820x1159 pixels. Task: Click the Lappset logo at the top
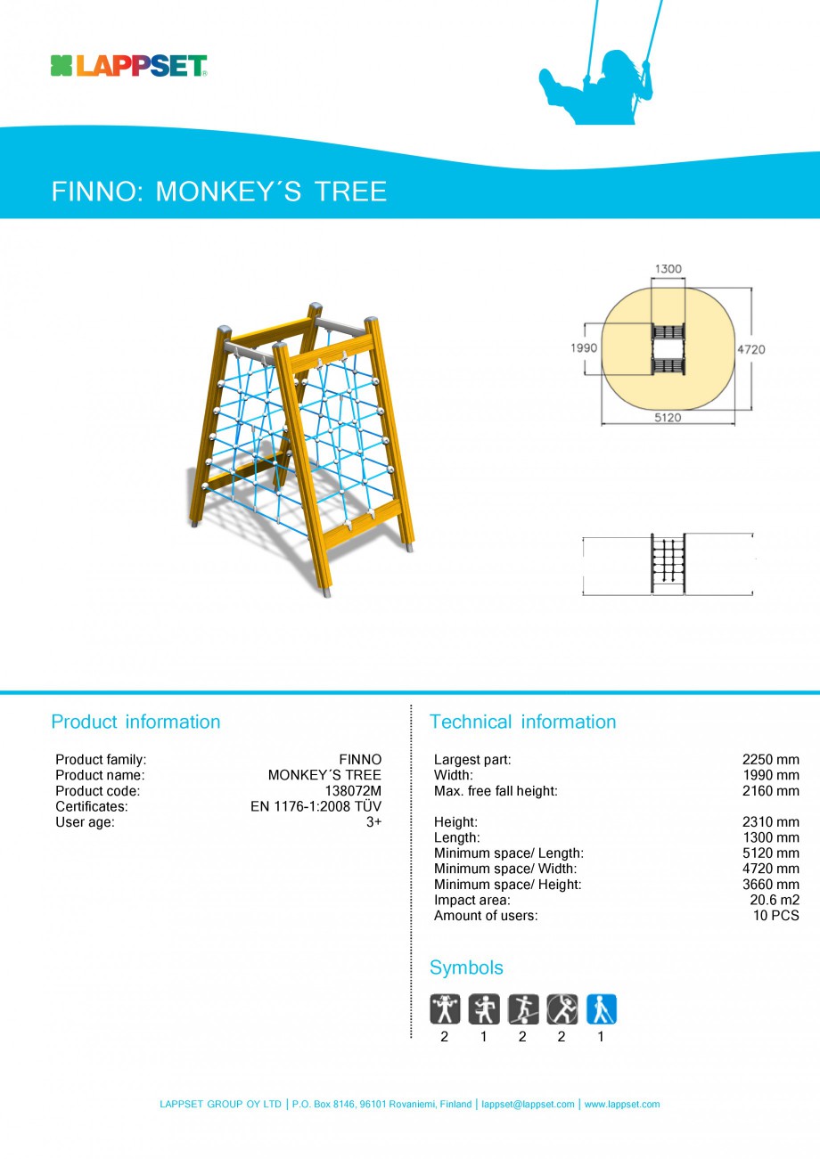[x=129, y=65]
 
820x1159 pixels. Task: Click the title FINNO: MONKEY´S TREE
[x=219, y=192]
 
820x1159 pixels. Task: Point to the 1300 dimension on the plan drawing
[x=668, y=268]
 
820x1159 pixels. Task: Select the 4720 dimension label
[x=750, y=349]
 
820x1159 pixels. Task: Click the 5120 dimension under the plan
[x=668, y=418]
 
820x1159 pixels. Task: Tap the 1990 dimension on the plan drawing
[x=584, y=348]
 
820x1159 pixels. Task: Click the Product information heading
[x=135, y=722]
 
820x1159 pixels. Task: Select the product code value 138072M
[x=353, y=791]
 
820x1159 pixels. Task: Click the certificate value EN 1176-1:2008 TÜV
[x=316, y=806]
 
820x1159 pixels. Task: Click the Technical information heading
[x=522, y=722]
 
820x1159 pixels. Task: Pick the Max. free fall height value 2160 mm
[x=770, y=791]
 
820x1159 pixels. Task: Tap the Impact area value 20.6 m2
[x=774, y=900]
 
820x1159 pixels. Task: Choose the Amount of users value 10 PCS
[x=776, y=916]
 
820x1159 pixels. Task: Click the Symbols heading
[x=466, y=967]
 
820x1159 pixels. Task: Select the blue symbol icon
[x=602, y=1009]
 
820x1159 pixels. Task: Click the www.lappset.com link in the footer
[x=622, y=1105]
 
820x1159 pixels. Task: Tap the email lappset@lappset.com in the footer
[x=528, y=1105]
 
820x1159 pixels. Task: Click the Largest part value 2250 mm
[x=770, y=760]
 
